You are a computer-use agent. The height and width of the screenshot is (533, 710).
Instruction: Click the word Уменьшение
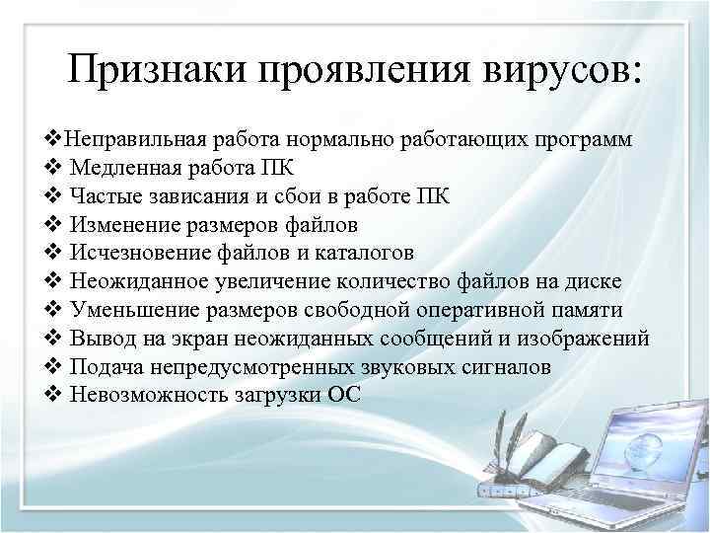click(x=132, y=310)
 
